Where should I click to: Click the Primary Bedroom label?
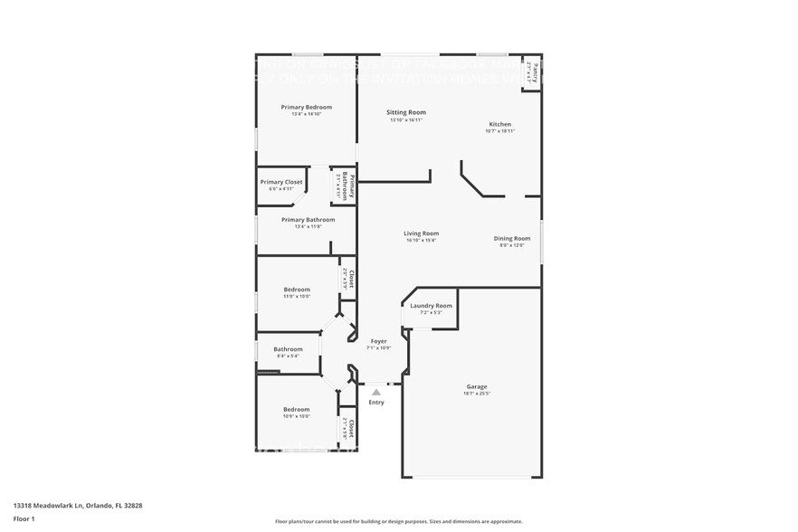pos(306,107)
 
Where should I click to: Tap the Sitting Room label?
pos(406,112)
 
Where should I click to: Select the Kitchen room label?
pos(499,124)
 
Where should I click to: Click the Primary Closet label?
pos(281,182)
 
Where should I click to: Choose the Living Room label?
pos(421,233)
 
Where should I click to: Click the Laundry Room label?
pos(431,306)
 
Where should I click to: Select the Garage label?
pos(476,386)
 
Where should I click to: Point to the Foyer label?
pos(378,341)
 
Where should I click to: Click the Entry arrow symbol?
pos(376,392)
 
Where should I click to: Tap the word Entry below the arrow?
pos(376,403)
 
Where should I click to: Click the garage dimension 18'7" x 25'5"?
pos(476,394)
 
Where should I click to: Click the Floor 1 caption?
pos(24,518)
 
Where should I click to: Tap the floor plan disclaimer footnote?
pos(398,521)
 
